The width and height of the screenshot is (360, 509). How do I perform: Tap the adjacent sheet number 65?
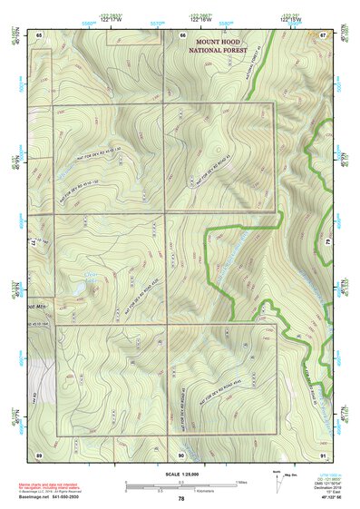[39, 34]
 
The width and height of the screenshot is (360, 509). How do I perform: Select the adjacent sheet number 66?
[183, 34]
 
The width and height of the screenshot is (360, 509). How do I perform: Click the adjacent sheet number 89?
[39, 454]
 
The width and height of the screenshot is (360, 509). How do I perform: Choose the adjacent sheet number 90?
[181, 454]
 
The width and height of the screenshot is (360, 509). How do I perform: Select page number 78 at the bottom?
[181, 499]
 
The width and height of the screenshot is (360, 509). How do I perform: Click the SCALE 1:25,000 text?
[181, 473]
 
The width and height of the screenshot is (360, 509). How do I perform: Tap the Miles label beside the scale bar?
[241, 481]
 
